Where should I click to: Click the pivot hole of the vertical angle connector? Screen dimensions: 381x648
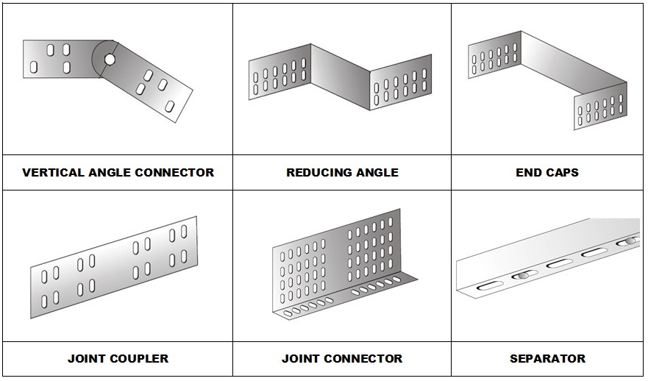click(109, 59)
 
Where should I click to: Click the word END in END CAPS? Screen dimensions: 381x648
click(529, 173)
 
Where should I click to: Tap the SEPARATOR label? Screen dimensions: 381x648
click(547, 359)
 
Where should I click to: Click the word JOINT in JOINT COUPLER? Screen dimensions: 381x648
click(88, 359)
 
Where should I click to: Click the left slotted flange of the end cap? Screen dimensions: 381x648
click(495, 56)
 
